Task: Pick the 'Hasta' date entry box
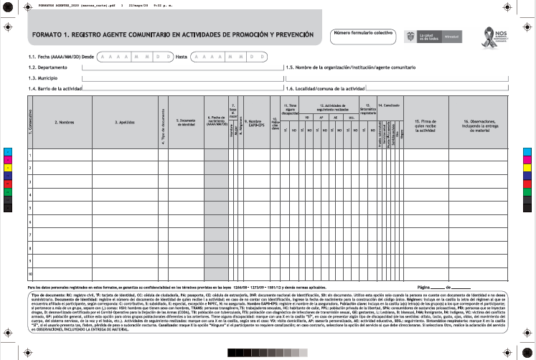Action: coord(226,55)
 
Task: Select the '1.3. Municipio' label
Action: coord(44,77)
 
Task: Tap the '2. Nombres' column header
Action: coord(66,122)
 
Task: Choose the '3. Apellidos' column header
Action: coord(126,122)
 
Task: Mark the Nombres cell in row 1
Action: coord(66,154)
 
